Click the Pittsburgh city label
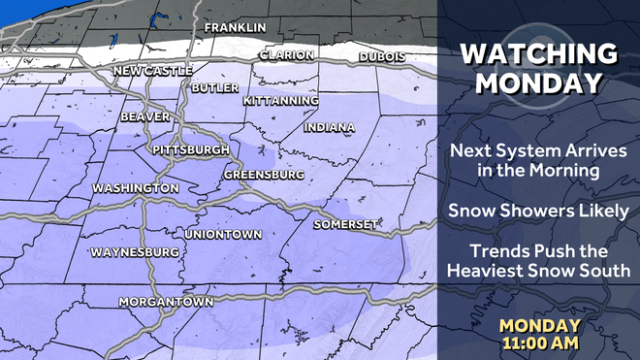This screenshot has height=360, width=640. coord(191,150)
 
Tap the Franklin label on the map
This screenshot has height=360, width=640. coord(235,27)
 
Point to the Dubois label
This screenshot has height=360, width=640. coord(381,57)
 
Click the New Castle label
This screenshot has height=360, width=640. coord(153,71)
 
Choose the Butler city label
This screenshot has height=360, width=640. coord(215,87)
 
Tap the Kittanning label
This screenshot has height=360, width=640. coord(280,101)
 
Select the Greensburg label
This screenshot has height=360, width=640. coord(264,175)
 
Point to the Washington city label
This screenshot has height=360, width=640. coord(135,187)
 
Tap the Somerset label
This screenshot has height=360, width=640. coord(345,224)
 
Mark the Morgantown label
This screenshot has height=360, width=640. coord(166,302)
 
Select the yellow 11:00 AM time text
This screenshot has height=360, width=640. coord(540,343)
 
